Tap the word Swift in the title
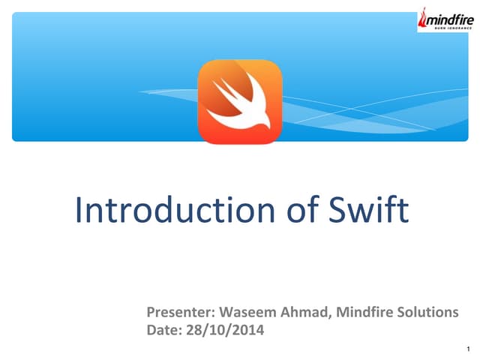[369, 210]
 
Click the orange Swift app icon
[240, 100]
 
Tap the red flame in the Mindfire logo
[424, 16]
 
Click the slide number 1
[466, 349]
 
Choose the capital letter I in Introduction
[80, 210]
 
